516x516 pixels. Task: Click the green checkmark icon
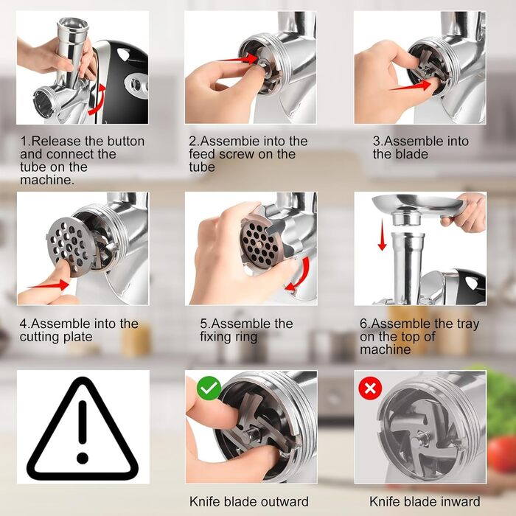click(209, 388)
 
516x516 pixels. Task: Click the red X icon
click(370, 388)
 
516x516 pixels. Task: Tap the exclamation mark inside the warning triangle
click(83, 432)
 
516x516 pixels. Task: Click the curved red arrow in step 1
click(98, 100)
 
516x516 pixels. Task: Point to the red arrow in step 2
click(242, 59)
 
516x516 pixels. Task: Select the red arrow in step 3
click(411, 86)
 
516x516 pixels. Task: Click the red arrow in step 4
click(49, 285)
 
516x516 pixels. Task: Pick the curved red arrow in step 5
click(299, 275)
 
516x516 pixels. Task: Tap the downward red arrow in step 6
click(382, 236)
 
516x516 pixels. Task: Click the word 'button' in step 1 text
click(126, 142)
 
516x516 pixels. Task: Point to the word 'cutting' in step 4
click(41, 337)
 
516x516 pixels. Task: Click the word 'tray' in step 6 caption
click(467, 324)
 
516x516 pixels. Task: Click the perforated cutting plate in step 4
click(69, 244)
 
